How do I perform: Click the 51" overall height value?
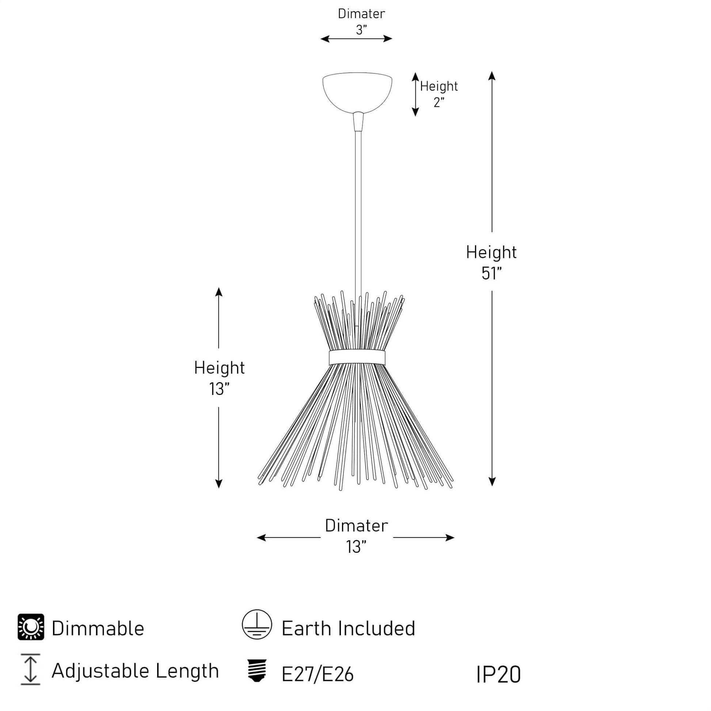(491, 273)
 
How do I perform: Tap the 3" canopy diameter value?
(361, 30)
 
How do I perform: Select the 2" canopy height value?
(439, 102)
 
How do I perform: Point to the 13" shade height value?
(219, 389)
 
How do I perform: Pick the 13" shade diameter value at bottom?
(356, 547)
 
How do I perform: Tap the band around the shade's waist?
(357, 357)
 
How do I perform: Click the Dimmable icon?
(31, 627)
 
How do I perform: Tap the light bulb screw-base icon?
(257, 670)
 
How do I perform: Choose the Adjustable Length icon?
(31, 669)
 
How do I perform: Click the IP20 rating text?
(498, 674)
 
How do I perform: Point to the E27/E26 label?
(317, 674)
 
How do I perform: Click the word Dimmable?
(98, 628)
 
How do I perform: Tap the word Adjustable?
(100, 670)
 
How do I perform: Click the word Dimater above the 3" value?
(361, 14)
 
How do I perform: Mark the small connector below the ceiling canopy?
(358, 122)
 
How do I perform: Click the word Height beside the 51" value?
(491, 252)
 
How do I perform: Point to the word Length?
(187, 670)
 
